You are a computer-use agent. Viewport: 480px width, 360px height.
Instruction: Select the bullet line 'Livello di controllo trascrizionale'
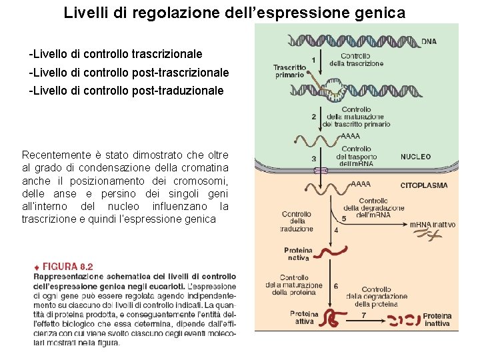pyautogui.click(x=115, y=53)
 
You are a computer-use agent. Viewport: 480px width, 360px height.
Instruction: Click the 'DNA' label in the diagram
pyautogui.click(x=429, y=41)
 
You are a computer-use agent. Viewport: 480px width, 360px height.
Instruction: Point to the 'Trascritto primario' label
pyautogui.click(x=289, y=71)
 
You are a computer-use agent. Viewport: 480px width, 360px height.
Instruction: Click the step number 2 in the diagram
pyautogui.click(x=314, y=117)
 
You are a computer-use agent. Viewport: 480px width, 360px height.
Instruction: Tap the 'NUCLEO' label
pyautogui.click(x=415, y=157)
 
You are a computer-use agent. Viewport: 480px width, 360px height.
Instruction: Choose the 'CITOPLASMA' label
pyautogui.click(x=423, y=185)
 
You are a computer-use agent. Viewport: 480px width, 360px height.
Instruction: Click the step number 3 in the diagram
pyautogui.click(x=314, y=159)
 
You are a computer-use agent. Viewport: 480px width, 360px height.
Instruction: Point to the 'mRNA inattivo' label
pyautogui.click(x=432, y=225)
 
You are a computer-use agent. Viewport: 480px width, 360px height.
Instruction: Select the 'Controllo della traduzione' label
pyautogui.click(x=297, y=221)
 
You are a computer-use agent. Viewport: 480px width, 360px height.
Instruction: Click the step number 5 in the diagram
pyautogui.click(x=343, y=218)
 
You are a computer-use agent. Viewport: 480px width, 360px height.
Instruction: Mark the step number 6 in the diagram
pyautogui.click(x=335, y=286)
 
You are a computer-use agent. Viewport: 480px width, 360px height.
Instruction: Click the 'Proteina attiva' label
pyautogui.click(x=304, y=318)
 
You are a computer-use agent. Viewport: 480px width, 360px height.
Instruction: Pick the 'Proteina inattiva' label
pyautogui.click(x=437, y=319)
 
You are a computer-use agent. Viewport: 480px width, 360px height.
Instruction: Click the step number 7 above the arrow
pyautogui.click(x=363, y=314)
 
